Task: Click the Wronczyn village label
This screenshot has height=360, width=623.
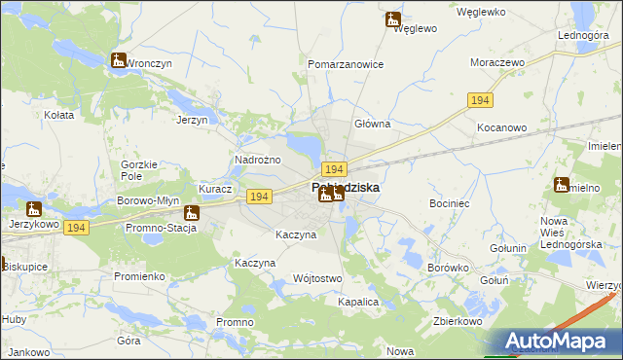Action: tap(149, 63)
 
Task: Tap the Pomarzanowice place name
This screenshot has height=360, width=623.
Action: tap(346, 64)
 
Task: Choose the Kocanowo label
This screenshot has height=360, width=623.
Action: tap(501, 127)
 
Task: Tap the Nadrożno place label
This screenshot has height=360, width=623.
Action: tap(258, 160)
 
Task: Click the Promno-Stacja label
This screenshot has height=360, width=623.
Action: tap(161, 228)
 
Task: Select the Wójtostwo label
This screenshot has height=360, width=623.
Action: tap(317, 278)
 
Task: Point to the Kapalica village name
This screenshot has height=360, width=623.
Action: tap(357, 303)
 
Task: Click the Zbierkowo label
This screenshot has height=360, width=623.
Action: tap(458, 320)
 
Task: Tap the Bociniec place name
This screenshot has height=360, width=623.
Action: tap(450, 204)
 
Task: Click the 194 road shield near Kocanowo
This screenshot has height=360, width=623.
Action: tap(479, 101)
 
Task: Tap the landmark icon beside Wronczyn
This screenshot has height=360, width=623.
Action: tap(119, 60)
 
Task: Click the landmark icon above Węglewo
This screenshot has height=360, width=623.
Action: tap(392, 18)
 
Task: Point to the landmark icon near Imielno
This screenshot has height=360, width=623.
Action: tap(562, 185)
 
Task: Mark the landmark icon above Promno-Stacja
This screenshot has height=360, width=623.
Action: tap(192, 212)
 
